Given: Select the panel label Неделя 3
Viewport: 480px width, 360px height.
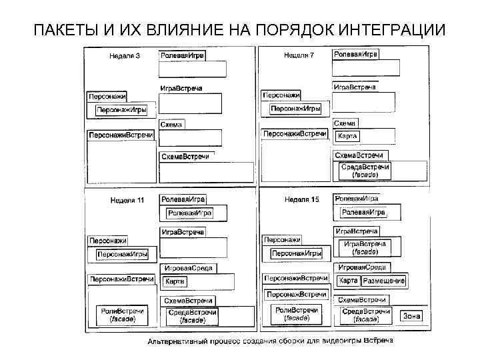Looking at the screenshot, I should [125, 55].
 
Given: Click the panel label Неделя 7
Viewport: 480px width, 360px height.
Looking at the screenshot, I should [299, 55].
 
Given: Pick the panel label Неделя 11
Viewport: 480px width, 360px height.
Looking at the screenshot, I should [126, 200].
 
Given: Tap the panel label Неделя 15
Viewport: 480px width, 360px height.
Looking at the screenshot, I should [301, 199].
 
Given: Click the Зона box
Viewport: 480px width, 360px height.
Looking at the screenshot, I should [410, 315].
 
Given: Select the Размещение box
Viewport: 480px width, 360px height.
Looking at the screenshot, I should [384, 281].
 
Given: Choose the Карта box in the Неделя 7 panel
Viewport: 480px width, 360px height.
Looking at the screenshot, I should [347, 136].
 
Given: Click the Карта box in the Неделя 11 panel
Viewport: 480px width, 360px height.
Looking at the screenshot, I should [175, 281].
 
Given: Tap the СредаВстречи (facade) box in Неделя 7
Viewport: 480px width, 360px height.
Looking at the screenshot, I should [364, 170].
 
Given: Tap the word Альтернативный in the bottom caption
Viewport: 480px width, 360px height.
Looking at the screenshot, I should [178, 343].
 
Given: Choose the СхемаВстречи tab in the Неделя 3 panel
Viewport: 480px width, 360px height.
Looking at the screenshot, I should [185, 157].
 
